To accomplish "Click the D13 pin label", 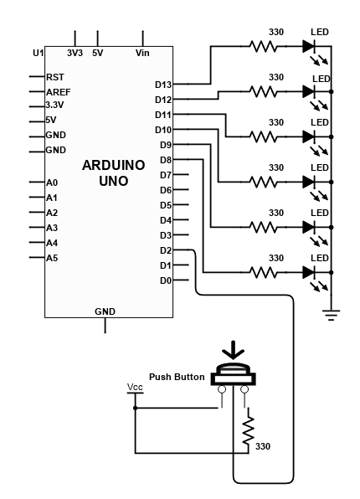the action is pyautogui.click(x=163, y=85).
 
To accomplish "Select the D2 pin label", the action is pyautogui.click(x=166, y=250).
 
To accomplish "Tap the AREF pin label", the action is pyautogui.click(x=59, y=92).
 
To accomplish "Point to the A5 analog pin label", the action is pyautogui.click(x=52, y=258).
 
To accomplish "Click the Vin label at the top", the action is pyautogui.click(x=142, y=53).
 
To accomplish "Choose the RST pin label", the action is pyautogui.click(x=55, y=77).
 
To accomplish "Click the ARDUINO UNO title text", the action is pyautogui.click(x=114, y=173).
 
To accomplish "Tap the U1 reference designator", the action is pyautogui.click(x=39, y=53).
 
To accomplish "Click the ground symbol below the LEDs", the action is pyautogui.click(x=331, y=315).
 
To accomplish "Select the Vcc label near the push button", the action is pyautogui.click(x=135, y=388).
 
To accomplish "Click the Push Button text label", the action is pyautogui.click(x=177, y=377).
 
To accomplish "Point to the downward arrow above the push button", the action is pyautogui.click(x=234, y=350).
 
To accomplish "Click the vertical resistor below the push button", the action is pyautogui.click(x=249, y=430).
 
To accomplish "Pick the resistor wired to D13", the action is pyautogui.click(x=263, y=46).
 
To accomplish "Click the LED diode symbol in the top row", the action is pyautogui.click(x=309, y=46).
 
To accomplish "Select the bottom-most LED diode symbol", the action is pyautogui.click(x=309, y=272).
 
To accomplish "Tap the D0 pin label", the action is pyautogui.click(x=166, y=280).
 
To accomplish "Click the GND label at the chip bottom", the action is pyautogui.click(x=105, y=311).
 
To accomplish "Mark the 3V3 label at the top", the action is pyautogui.click(x=75, y=53).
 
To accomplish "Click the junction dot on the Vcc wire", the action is pyautogui.click(x=136, y=408).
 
